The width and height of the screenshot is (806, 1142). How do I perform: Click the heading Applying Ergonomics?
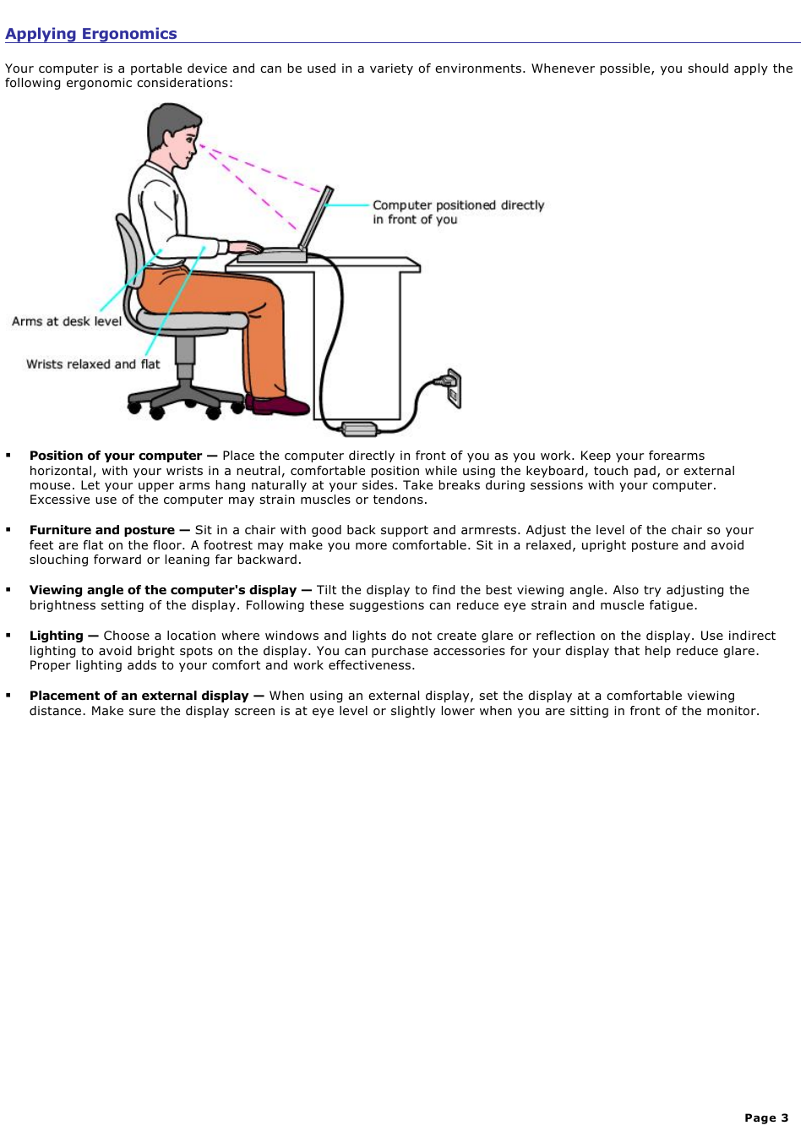point(91,34)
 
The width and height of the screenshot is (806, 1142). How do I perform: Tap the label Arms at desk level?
point(67,321)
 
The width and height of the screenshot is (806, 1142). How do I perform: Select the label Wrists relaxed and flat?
point(93,364)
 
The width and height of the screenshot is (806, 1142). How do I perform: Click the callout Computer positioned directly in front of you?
point(458,212)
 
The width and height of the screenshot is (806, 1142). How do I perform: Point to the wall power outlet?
point(454,387)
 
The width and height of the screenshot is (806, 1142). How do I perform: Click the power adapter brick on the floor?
point(359,429)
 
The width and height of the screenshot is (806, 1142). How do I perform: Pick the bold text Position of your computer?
point(116,456)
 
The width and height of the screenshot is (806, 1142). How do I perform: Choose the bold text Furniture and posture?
point(102,530)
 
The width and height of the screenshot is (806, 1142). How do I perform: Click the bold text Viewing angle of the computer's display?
point(163,590)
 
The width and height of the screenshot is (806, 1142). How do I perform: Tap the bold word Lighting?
point(57,636)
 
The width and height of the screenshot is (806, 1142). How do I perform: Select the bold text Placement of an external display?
point(139,696)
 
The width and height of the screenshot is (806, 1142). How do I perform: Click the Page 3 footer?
point(766,1117)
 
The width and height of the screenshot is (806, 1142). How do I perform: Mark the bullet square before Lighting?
point(8,635)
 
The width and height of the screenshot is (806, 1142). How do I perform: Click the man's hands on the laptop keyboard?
point(246,248)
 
